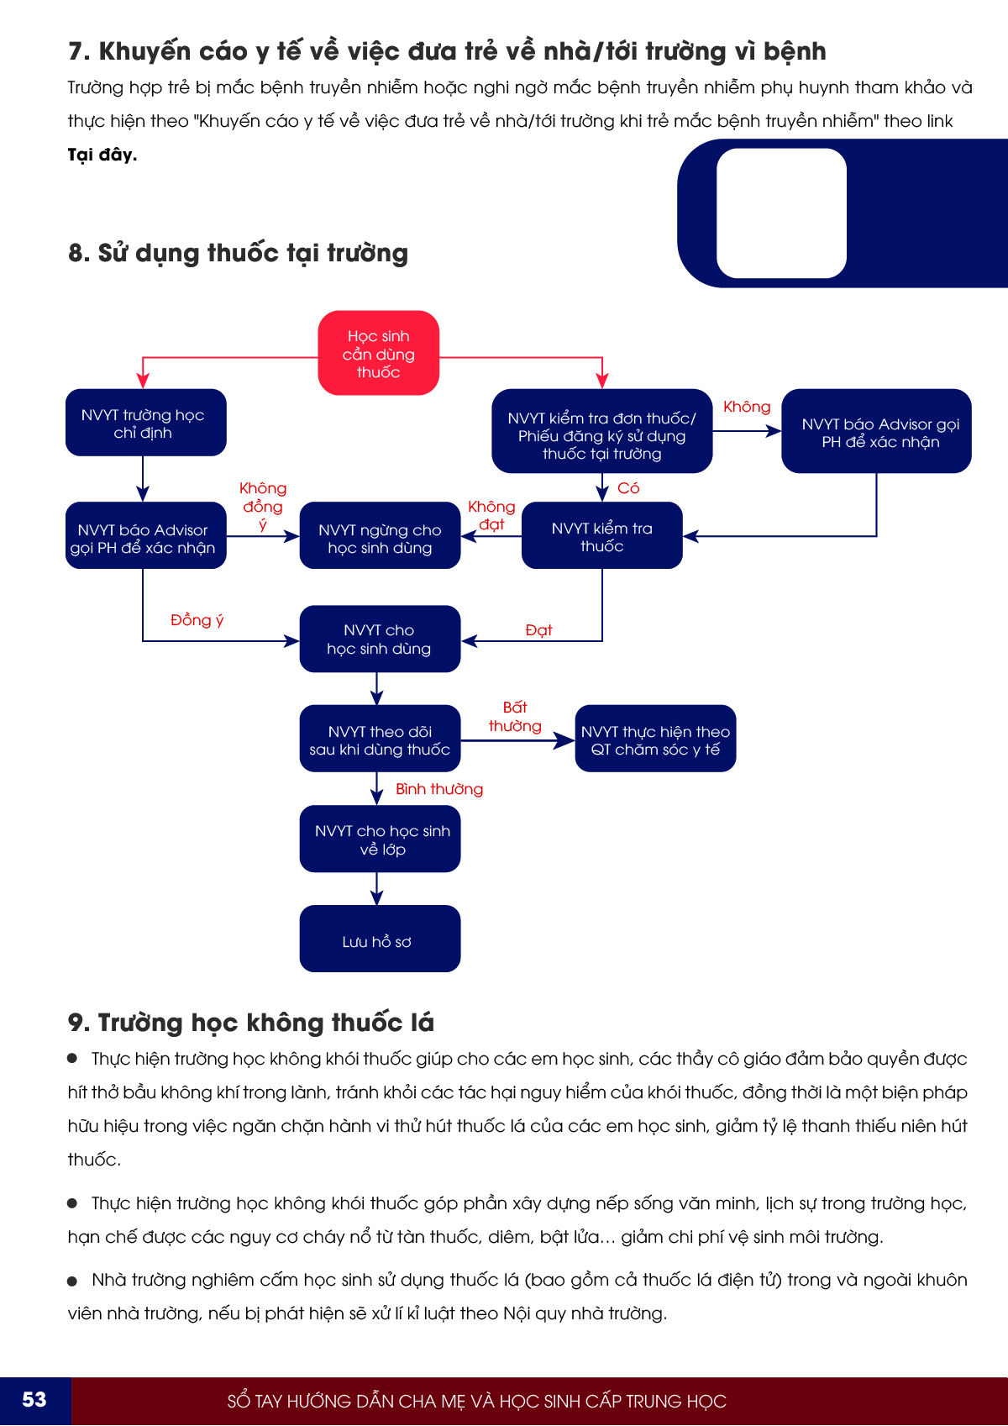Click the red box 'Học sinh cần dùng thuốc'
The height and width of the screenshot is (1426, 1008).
[378, 354]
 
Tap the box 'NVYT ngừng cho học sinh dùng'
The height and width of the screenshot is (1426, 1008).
[380, 536]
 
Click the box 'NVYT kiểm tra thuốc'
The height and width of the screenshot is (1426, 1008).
[601, 536]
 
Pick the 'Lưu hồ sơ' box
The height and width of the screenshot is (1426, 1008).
[380, 939]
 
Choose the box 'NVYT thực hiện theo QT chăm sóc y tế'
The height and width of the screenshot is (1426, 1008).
[655, 739]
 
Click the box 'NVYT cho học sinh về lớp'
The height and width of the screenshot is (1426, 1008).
[380, 839]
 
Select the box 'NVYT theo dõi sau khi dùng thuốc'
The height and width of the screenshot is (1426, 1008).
[380, 739]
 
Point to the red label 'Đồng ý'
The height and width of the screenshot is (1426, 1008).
[197, 620]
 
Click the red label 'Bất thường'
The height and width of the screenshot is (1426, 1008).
[515, 717]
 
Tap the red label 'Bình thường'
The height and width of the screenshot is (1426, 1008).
[439, 789]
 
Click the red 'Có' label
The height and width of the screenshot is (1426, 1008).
[628, 488]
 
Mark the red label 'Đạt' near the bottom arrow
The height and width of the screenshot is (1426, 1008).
[538, 630]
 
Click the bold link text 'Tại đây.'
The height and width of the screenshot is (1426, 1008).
[102, 155]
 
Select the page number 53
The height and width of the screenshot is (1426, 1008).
[34, 1400]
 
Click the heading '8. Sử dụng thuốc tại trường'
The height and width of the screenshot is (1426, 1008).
[238, 253]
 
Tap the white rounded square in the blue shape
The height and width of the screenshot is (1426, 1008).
[781, 213]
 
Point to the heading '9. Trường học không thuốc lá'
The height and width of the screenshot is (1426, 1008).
[250, 1023]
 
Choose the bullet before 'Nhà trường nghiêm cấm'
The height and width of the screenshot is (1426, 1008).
[72, 1281]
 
